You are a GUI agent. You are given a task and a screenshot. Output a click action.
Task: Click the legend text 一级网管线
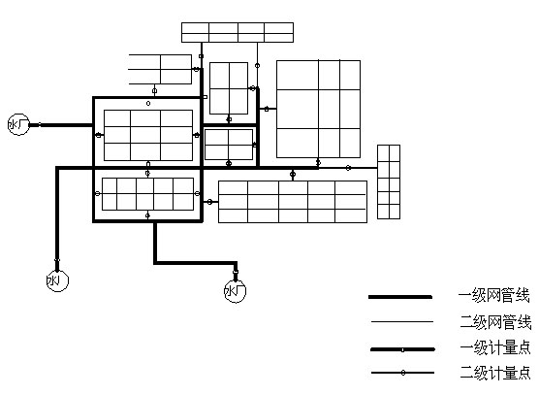click(x=494, y=296)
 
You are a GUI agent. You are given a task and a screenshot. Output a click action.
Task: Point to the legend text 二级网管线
click(x=496, y=322)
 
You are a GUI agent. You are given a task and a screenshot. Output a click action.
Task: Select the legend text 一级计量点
click(x=495, y=347)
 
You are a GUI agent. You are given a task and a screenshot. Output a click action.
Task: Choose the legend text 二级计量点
click(x=495, y=373)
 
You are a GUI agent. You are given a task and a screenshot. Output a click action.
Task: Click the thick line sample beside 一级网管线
click(x=400, y=297)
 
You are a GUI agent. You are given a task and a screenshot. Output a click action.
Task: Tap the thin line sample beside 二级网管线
click(x=402, y=321)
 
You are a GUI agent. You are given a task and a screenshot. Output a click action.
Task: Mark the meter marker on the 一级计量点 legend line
click(x=402, y=350)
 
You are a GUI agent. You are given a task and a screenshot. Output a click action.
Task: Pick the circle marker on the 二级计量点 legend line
click(x=403, y=373)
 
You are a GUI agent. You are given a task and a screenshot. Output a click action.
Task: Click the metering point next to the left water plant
click(x=40, y=124)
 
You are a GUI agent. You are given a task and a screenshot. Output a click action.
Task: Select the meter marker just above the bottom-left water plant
click(x=57, y=260)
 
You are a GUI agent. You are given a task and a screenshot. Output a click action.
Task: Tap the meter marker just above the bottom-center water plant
click(x=236, y=272)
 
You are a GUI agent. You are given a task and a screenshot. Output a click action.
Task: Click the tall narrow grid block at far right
click(x=389, y=181)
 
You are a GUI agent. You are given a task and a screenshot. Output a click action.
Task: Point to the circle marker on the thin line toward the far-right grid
click(x=348, y=168)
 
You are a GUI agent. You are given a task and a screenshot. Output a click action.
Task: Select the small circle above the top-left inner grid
click(x=148, y=103)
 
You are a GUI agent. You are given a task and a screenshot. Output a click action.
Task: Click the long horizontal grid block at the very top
click(x=238, y=32)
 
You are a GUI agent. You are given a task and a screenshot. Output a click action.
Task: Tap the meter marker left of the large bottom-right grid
click(x=209, y=202)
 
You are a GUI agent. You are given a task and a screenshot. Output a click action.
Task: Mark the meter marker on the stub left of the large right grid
click(x=267, y=109)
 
